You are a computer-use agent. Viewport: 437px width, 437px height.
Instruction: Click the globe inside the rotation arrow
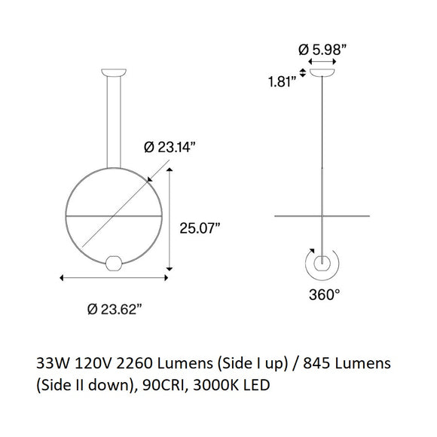(323, 263)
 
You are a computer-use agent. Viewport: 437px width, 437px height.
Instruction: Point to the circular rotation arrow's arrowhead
(310, 254)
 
